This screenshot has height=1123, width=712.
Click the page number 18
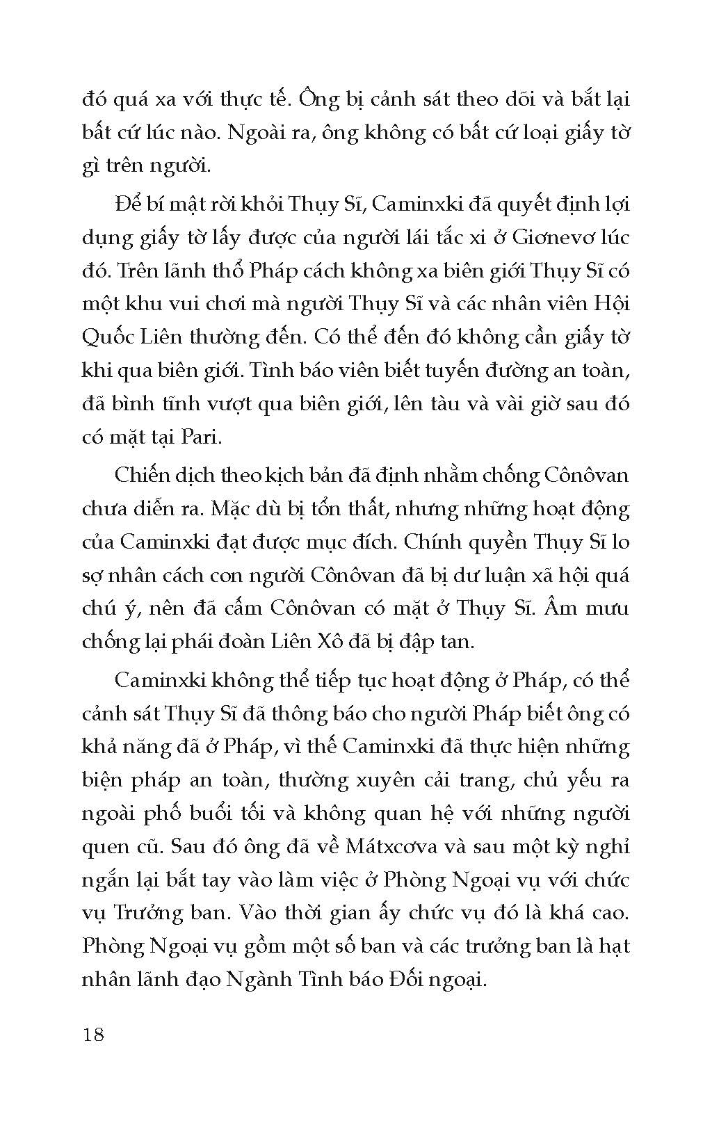tap(92, 1034)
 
